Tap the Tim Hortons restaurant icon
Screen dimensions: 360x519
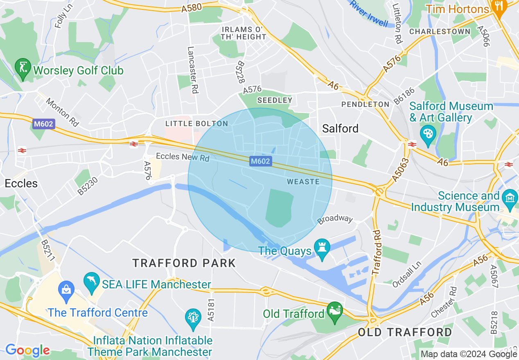(499, 7)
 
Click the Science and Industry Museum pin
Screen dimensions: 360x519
(510, 198)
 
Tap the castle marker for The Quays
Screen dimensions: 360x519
(322, 249)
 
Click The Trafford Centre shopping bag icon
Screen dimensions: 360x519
(66, 289)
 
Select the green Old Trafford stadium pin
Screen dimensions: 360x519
(335, 312)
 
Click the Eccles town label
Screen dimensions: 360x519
(21, 183)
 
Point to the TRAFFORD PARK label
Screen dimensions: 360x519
(184, 263)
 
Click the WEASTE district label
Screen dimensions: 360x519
(303, 181)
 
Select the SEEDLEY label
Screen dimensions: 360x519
(275, 100)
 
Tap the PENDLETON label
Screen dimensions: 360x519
(366, 104)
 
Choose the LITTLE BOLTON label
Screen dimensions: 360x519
(196, 124)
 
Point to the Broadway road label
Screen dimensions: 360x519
(335, 219)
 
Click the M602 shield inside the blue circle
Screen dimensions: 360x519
(260, 161)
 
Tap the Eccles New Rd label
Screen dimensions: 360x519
(183, 157)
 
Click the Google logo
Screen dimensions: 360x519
(27, 350)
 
